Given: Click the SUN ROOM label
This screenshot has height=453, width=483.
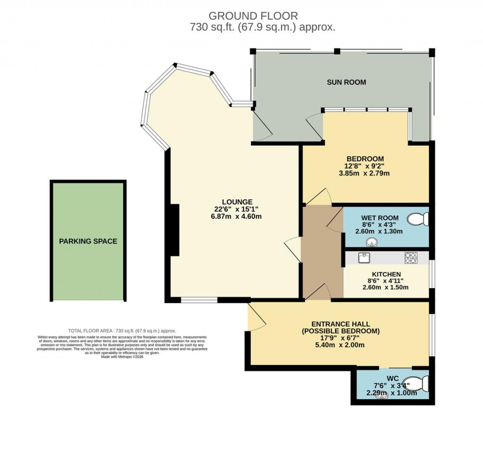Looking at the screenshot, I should coord(346,82).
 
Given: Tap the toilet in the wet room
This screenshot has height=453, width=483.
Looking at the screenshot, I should coord(418,219).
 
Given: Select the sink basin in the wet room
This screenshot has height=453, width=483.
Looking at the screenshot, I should coord(372,242).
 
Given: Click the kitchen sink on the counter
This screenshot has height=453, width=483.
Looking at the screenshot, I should coord(364,258).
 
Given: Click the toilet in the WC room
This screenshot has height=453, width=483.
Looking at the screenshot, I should coord(418,383).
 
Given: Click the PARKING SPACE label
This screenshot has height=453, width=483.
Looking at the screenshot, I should coord(88,242).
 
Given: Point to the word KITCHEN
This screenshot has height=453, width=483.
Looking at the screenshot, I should coord(386,274).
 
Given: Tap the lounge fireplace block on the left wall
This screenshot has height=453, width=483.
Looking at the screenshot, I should coord(175,230).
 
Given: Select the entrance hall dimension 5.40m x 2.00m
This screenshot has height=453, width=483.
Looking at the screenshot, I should coord(340,345).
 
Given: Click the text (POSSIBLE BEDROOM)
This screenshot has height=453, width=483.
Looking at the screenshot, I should coord(341,331).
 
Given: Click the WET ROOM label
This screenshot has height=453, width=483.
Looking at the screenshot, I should coord(380,218).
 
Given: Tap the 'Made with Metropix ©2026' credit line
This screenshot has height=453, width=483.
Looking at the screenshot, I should coord(122,357).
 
